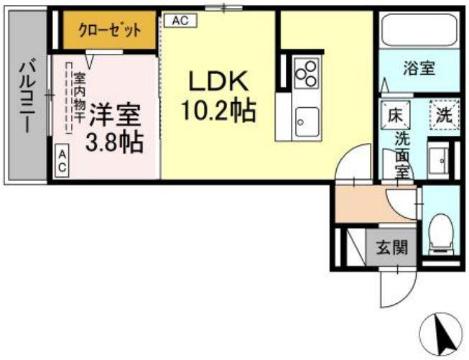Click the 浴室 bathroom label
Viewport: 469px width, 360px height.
coord(417,71)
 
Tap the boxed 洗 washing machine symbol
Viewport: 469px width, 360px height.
coord(440,114)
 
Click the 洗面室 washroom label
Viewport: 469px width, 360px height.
coord(401,154)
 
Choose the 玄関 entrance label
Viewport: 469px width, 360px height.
coord(391,247)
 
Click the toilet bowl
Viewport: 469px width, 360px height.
coord(437,233)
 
